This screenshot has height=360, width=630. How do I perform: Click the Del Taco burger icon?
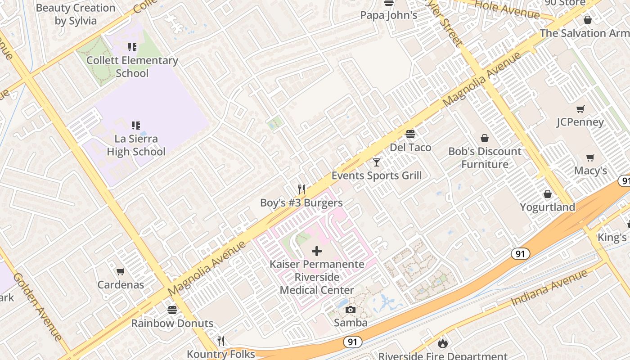click(x=410, y=134)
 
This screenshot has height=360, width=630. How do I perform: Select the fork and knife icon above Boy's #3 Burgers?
click(x=301, y=189)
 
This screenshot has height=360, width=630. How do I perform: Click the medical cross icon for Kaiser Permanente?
click(x=317, y=251)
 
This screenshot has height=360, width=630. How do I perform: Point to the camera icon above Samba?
click(x=351, y=310)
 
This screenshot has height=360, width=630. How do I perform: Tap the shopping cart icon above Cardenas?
click(x=120, y=271)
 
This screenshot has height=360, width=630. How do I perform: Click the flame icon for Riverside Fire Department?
click(x=443, y=344)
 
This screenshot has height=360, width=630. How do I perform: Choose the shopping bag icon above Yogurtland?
click(x=548, y=194)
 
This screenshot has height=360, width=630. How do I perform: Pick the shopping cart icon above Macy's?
click(x=590, y=157)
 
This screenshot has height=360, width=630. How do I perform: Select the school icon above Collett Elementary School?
click(x=132, y=47)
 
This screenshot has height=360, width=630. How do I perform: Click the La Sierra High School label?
click(x=136, y=145)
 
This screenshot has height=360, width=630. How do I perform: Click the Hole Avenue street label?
click(x=507, y=9)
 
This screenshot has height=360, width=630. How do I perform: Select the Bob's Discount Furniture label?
click(x=485, y=158)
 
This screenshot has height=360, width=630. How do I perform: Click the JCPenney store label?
click(x=580, y=122)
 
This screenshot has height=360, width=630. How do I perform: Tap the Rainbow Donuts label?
click(x=172, y=323)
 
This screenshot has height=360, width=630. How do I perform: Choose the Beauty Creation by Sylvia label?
click(x=76, y=14)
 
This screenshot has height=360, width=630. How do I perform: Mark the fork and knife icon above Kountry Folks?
click(x=221, y=341)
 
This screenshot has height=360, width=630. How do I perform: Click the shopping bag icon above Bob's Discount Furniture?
click(x=485, y=138)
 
